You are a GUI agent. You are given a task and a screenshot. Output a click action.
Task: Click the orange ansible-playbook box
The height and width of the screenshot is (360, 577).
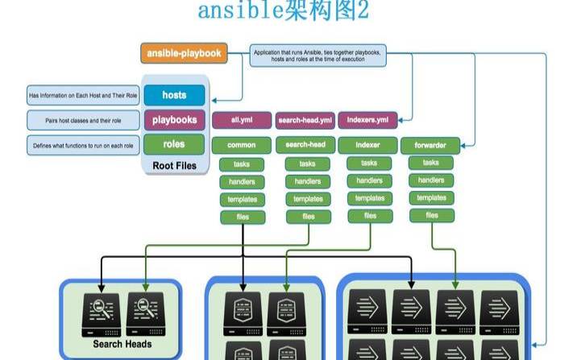click(183, 53)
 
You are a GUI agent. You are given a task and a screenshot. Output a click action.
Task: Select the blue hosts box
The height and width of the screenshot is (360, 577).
click(174, 95)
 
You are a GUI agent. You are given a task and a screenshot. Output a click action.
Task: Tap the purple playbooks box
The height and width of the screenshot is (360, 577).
click(174, 120)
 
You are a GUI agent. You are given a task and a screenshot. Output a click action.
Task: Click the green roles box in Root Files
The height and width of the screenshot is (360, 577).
click(174, 144)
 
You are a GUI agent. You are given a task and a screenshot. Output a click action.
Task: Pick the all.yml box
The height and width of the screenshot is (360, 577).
click(242, 120)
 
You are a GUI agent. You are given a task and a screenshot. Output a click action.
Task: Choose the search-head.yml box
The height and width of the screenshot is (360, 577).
click(305, 120)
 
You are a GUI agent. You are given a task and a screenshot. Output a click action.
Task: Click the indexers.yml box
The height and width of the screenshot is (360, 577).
click(367, 120)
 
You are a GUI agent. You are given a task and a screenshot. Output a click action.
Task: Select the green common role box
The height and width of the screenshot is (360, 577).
click(242, 145)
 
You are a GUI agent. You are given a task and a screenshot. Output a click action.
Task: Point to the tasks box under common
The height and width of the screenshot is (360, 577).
click(241, 164)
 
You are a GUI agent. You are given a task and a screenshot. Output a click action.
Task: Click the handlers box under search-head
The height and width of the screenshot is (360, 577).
click(307, 181)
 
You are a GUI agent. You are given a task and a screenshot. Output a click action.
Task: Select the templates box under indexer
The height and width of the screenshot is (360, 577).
click(369, 198)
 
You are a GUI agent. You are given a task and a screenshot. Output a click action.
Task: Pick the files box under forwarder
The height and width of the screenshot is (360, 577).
click(432, 215)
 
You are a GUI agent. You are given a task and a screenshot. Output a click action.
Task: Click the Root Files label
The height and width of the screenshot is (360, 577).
click(174, 166)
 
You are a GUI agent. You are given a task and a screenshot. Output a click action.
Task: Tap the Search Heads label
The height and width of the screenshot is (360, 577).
click(122, 344)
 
